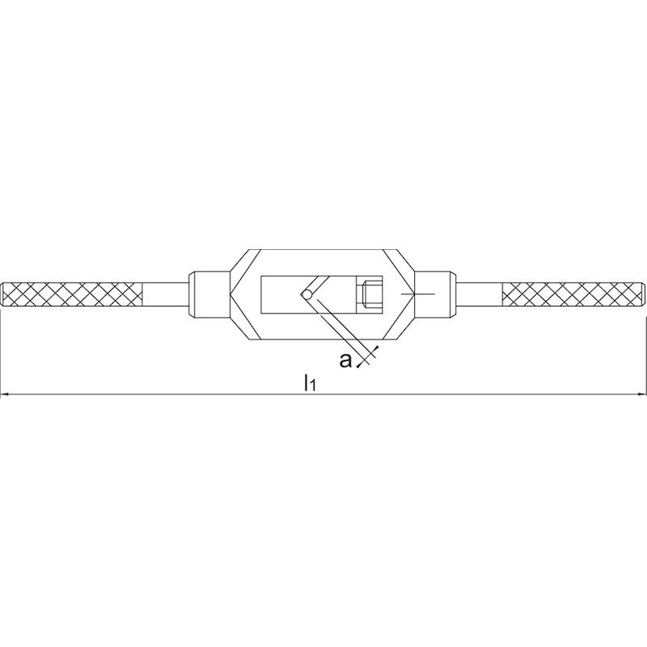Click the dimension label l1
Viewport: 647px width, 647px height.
click(310, 382)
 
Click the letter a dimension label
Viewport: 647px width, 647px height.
click(345, 360)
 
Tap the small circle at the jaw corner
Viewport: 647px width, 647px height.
click(307, 294)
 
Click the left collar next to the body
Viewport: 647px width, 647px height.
click(209, 294)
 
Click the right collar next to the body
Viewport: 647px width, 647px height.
click(435, 294)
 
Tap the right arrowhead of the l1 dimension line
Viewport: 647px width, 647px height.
click(641, 395)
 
